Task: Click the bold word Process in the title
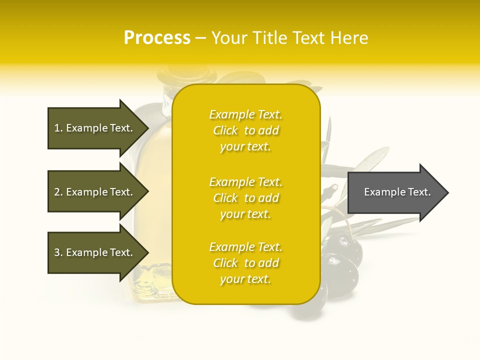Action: (x=157, y=38)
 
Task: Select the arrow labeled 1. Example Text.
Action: (x=95, y=128)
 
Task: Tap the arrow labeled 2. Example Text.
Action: (x=95, y=192)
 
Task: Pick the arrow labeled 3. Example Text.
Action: (x=95, y=252)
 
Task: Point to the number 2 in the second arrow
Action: (x=57, y=192)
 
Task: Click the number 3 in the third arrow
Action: (x=57, y=252)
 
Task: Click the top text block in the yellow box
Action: (x=245, y=130)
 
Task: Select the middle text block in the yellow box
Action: (x=245, y=198)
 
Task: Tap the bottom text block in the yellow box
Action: (x=245, y=263)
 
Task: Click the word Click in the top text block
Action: (x=225, y=130)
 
